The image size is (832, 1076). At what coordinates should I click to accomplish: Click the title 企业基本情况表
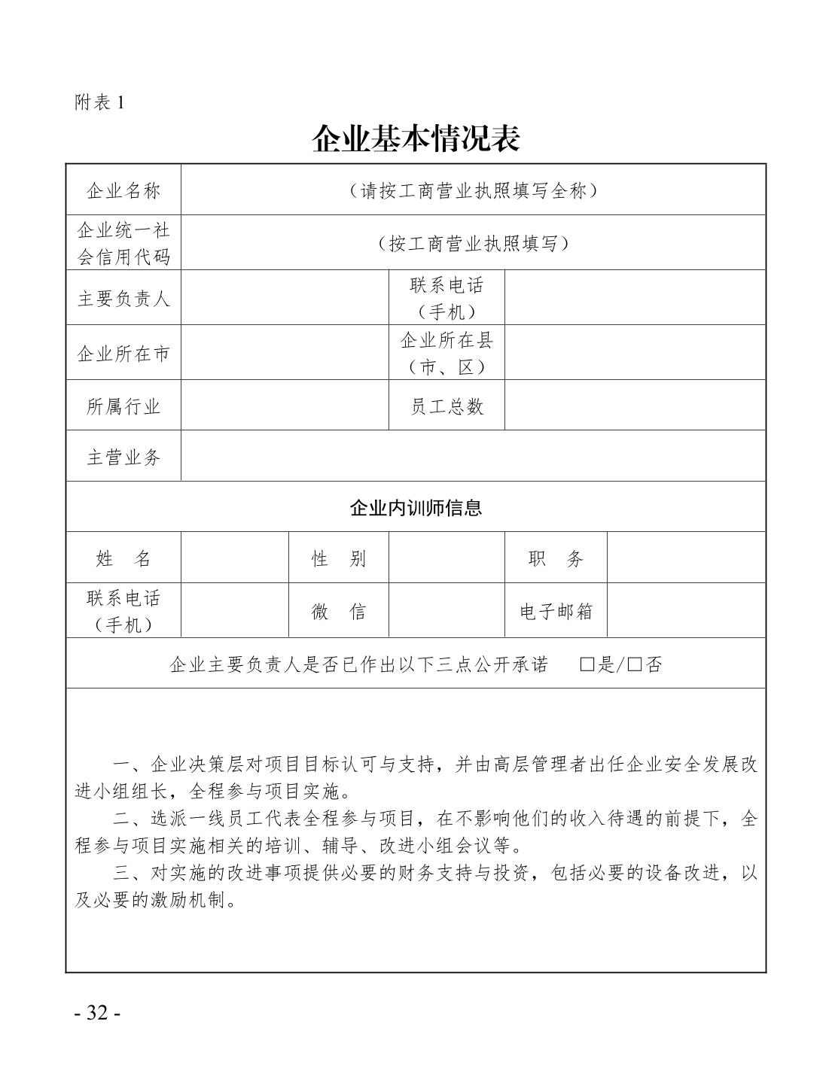pos(416,138)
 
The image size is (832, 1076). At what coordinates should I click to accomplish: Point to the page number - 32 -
pos(98,1012)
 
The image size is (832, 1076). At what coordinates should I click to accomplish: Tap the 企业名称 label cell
pos(123,190)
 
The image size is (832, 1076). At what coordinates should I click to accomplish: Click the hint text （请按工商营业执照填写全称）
pos(473,190)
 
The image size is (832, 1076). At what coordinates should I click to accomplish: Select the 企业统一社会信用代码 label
pos(123,243)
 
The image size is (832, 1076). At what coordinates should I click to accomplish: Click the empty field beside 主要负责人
pos(285,298)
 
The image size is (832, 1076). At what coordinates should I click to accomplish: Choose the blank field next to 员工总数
pos(635,406)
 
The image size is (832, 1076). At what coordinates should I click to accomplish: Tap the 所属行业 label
pos(123,406)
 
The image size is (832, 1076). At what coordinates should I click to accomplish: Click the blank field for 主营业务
pos(473,456)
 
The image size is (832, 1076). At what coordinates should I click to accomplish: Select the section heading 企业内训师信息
pos(416,507)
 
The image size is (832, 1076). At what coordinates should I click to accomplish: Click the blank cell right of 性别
pos(446,558)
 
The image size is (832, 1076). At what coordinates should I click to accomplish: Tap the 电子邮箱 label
pos(556,611)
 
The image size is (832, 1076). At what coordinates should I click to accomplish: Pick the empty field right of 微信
pos(446,611)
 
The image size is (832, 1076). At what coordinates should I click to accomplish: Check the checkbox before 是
pos(587,664)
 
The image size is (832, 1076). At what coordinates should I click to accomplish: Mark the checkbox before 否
pos(635,664)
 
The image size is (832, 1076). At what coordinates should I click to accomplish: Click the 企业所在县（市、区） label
pos(446,353)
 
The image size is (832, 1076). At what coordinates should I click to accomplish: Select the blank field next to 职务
pos(686,558)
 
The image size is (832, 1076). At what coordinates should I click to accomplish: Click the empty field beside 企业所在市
pos(285,353)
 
